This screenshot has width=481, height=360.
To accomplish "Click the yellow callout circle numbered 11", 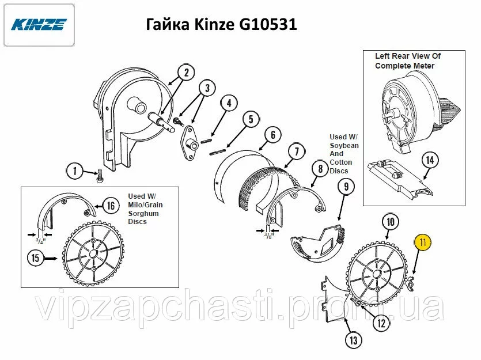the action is coord(423,242).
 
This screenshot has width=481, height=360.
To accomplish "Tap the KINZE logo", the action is coord(39,25).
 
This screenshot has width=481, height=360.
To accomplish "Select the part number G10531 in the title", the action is coord(268,24).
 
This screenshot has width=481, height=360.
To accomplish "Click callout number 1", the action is coord(75,171).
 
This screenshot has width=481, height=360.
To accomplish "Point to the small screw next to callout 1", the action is coord(100,176).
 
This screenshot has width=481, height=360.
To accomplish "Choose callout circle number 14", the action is coord(430,160).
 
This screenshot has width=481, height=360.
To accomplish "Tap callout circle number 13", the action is coord(354,340).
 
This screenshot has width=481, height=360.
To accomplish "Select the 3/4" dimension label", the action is coord(40,240).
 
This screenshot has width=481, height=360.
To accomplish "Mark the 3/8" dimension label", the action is coord(268,236).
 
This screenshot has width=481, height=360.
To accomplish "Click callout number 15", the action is coord(36,258).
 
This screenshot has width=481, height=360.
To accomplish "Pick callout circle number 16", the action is coord(111,205).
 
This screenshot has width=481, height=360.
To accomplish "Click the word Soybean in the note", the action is coord(344,145).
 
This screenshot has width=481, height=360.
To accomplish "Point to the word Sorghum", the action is coord(143,214).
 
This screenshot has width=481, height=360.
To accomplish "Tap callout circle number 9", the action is coord(346,187).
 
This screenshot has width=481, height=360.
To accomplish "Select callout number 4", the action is coord(229,103).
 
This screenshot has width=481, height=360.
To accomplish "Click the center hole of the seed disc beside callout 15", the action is coord(93,254).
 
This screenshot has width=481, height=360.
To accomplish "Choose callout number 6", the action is coord(273,135).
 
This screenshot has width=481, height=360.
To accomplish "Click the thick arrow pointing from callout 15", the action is coord(50,259).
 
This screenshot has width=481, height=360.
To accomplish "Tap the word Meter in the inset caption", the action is coord(424,66).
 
